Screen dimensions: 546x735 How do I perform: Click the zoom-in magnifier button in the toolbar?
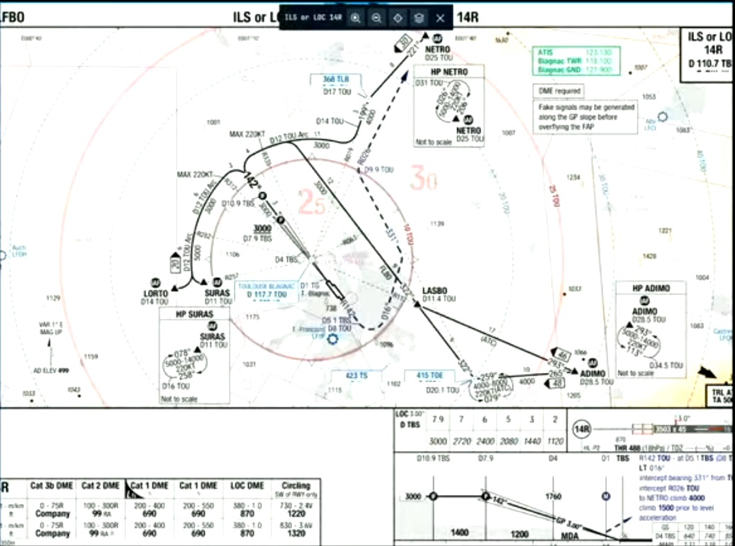tap(356, 18)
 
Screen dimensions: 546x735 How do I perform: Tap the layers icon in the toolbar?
tap(419, 18)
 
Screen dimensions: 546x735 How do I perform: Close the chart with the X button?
tap(440, 18)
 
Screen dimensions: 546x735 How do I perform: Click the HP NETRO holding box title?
tap(449, 72)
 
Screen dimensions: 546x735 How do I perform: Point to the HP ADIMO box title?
tap(650, 288)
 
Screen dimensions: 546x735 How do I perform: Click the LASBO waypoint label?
tap(434, 291)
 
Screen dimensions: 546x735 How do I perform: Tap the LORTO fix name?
tap(155, 293)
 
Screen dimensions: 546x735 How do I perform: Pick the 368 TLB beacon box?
tap(336, 79)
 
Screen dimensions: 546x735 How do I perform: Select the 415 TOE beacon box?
tap(429, 375)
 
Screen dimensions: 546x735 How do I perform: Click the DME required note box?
tap(559, 91)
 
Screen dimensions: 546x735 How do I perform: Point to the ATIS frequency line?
tap(576, 52)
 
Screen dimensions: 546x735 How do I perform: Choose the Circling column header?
tap(296, 486)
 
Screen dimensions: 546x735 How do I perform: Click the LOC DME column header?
tap(248, 486)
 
